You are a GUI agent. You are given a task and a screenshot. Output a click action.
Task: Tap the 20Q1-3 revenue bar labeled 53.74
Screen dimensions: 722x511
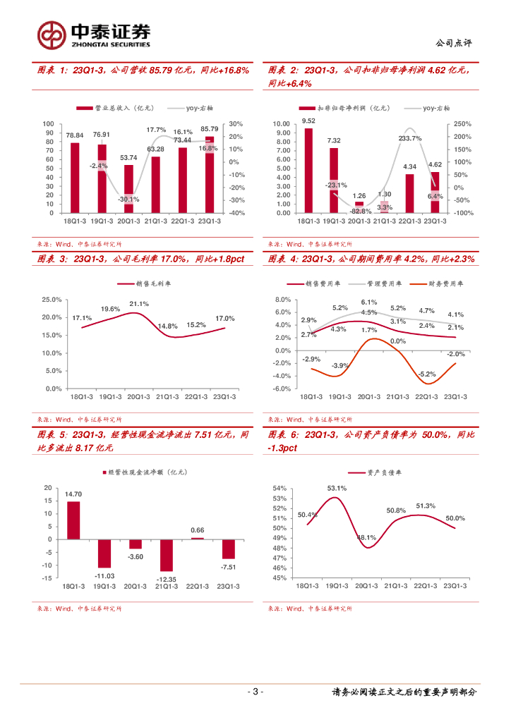(x=128, y=188)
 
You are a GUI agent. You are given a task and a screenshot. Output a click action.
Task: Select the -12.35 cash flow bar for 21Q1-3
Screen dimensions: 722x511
(x=166, y=555)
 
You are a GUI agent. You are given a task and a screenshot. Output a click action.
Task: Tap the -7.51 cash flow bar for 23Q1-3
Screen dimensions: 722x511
(x=228, y=549)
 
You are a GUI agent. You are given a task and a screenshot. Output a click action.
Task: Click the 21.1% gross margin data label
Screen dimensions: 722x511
(x=138, y=304)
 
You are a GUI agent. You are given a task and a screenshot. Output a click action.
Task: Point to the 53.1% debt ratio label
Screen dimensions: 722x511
(x=337, y=488)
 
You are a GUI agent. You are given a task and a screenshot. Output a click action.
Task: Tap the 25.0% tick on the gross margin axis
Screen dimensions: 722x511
(x=52, y=300)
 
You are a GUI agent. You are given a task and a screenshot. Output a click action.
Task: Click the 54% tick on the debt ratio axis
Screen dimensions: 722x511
(x=279, y=489)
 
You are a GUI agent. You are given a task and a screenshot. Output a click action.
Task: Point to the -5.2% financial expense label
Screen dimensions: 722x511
(x=426, y=374)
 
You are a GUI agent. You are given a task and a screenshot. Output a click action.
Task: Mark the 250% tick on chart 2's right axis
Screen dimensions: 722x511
(x=462, y=123)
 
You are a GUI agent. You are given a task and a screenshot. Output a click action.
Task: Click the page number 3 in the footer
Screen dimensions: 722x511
(x=255, y=692)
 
